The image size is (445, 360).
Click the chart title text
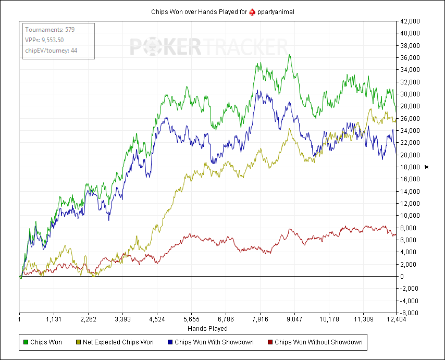[x=222, y=12]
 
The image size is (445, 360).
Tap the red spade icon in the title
[x=252, y=12]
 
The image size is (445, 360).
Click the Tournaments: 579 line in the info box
[x=50, y=30]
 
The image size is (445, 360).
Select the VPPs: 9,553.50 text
[x=44, y=40]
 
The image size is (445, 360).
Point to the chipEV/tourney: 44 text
[x=51, y=51]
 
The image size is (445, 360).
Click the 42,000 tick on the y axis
[x=410, y=21]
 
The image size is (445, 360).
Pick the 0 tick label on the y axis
[x=402, y=276]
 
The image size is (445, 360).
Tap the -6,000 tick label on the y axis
[x=409, y=313]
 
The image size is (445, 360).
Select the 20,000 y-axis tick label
[x=410, y=155]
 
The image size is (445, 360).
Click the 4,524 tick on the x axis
[x=157, y=319]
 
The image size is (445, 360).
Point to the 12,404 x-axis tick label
[x=396, y=319]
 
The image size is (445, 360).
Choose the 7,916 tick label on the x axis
[x=260, y=319]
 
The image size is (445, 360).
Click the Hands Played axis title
[x=207, y=329]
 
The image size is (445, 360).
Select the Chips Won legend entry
[x=43, y=342]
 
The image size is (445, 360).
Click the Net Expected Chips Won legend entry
[x=115, y=342]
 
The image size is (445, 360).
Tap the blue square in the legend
[x=170, y=342]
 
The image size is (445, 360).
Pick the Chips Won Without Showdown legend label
[x=318, y=342]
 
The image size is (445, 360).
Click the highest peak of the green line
[x=289, y=55]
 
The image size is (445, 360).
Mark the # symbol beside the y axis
[x=426, y=167]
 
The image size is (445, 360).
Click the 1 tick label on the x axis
[x=19, y=319]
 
